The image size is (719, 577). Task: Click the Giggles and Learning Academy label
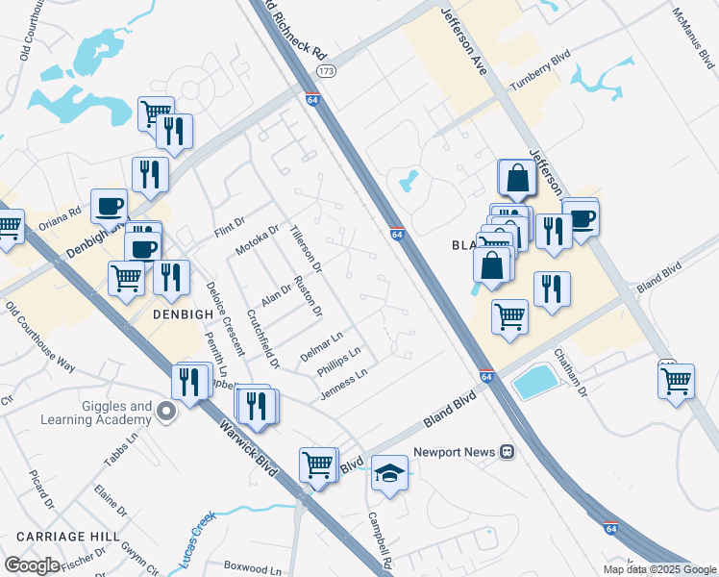pyautogui.click(x=96, y=413)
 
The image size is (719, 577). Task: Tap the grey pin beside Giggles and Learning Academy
pyautogui.click(x=166, y=413)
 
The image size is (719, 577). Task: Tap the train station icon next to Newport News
pyautogui.click(x=507, y=451)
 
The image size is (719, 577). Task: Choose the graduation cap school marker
pyautogui.click(x=389, y=473)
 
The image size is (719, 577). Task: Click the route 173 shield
pyautogui.click(x=327, y=71)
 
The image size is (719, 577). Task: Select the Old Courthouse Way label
pyautogui.click(x=39, y=338)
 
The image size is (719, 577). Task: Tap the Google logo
pyautogui.click(x=31, y=565)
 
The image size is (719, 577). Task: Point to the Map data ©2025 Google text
pyautogui.click(x=659, y=569)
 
